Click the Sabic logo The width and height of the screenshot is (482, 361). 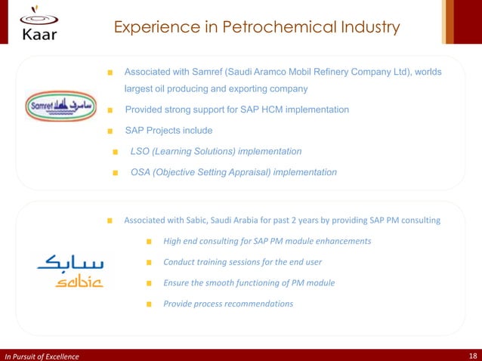(x=70, y=272)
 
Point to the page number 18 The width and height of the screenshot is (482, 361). (x=472, y=356)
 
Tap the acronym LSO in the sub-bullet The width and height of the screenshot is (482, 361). (x=141, y=152)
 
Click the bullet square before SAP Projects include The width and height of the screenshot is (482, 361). (x=110, y=131)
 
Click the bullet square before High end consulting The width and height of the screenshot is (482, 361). (x=149, y=242)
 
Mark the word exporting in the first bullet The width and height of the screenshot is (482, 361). (x=230, y=89)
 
